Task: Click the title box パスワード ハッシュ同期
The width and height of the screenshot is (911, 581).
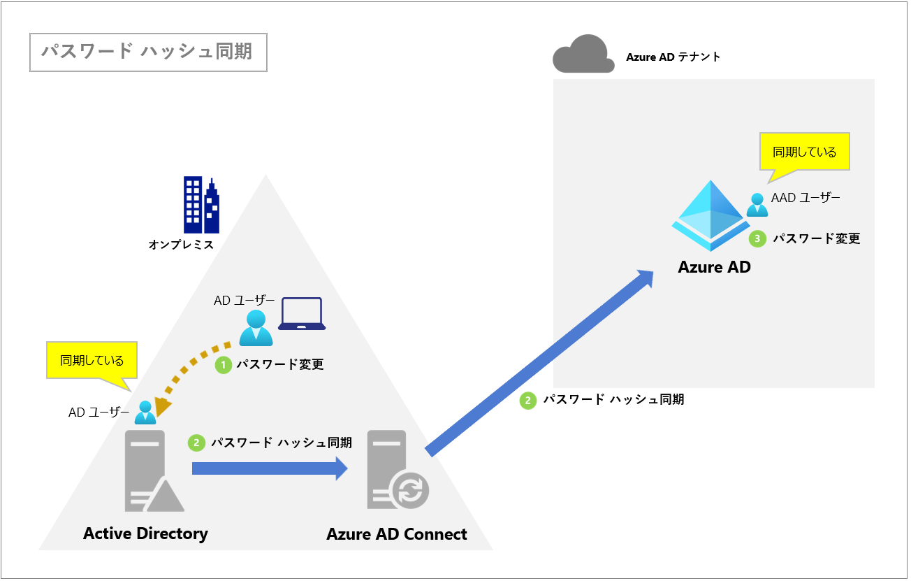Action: (x=148, y=52)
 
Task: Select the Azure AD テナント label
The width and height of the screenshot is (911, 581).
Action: (x=673, y=57)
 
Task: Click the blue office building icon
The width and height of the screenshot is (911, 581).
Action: (x=201, y=205)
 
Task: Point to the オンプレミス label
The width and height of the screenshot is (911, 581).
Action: (x=181, y=245)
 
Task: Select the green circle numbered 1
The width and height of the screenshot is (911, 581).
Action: (x=223, y=364)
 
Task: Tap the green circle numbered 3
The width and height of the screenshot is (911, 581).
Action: (x=757, y=239)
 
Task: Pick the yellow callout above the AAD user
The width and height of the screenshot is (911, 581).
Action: (x=804, y=152)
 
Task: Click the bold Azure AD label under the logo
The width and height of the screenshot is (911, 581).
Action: (x=714, y=266)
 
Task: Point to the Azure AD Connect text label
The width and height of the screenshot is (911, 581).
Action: (x=396, y=534)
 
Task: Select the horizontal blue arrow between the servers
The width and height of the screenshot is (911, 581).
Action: (x=269, y=468)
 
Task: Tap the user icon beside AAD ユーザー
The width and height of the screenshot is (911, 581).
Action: (x=757, y=205)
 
